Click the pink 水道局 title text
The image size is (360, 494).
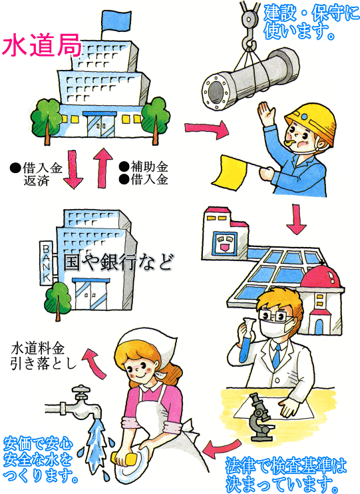click(x=41, y=46)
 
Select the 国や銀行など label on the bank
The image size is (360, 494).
click(x=118, y=262)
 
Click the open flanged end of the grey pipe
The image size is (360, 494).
click(x=216, y=91)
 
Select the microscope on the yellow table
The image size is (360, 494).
click(x=260, y=417)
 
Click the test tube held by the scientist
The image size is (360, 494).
click(x=246, y=340)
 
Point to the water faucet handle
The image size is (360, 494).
click(x=81, y=391)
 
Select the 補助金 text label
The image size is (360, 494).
click(x=148, y=166)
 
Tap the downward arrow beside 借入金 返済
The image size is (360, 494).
click(x=73, y=170)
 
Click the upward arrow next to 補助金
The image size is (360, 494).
click(x=103, y=167)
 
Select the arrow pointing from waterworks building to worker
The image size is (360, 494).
click(x=206, y=128)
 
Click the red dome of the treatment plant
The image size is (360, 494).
click(x=321, y=276)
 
